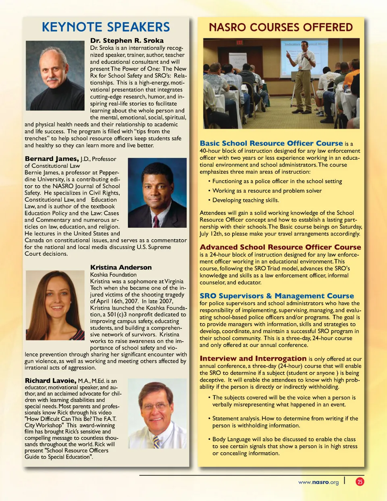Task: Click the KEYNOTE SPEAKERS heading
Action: (x=106, y=27)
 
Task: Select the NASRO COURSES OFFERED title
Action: (x=281, y=27)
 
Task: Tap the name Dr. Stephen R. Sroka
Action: (x=127, y=40)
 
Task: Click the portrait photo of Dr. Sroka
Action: (x=55, y=75)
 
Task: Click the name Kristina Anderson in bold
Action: (x=121, y=267)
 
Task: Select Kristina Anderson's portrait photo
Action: (x=55, y=300)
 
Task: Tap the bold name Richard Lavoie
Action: (x=50, y=380)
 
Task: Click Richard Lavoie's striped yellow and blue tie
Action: (x=156, y=442)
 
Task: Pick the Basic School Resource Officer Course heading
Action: (x=271, y=143)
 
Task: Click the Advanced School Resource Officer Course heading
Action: (x=280, y=247)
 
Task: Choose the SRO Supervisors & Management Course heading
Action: (x=277, y=296)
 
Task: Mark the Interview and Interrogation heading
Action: (x=253, y=358)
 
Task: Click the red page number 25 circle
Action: (x=360, y=482)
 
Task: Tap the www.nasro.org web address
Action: (x=318, y=482)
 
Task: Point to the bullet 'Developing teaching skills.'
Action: (x=246, y=200)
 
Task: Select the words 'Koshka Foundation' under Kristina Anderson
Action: (x=113, y=275)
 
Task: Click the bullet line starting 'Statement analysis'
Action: (x=285, y=422)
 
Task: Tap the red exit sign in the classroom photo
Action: (x=239, y=42)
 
